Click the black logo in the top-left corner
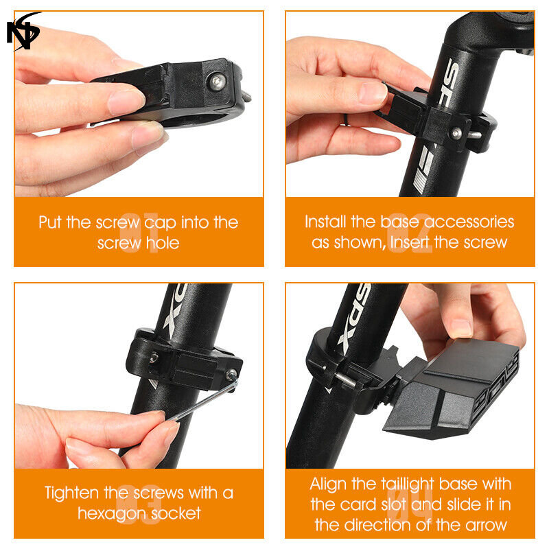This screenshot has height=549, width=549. pyautogui.click(x=23, y=32)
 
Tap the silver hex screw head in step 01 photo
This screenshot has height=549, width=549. pyautogui.click(x=218, y=82)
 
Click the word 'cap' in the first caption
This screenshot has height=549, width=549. pyautogui.click(x=160, y=223)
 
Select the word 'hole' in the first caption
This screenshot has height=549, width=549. pyautogui.click(x=163, y=243)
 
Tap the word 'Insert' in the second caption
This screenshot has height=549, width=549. pyautogui.click(x=410, y=242)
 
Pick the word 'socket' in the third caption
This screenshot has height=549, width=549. pyautogui.click(x=172, y=513)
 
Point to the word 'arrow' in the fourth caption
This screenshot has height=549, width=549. pyautogui.click(x=486, y=525)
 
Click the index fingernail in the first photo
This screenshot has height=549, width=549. pyautogui.click(x=127, y=102)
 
